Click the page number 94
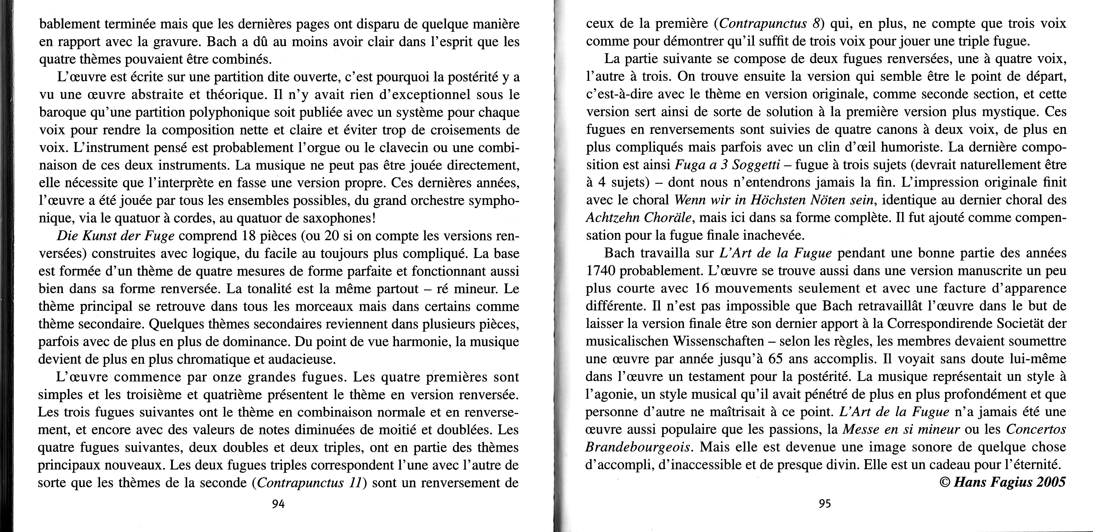click(x=278, y=504)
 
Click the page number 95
click(x=824, y=504)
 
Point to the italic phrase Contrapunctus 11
click(x=308, y=483)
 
